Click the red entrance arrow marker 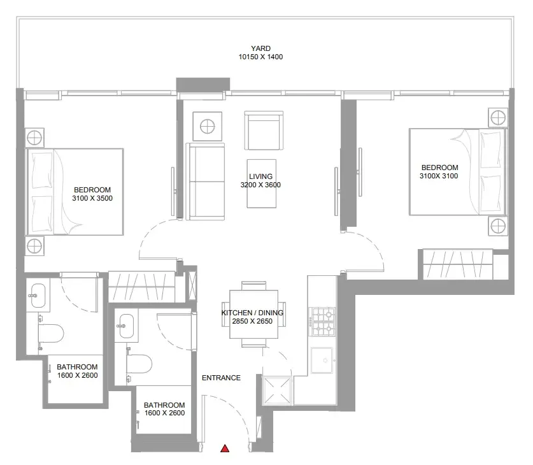(225, 448)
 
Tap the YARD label (260, 48)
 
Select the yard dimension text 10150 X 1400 (260, 57)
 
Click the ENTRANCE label (222, 378)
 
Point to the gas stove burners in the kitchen (323, 322)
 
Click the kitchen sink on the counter (322, 360)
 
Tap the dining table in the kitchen (253, 315)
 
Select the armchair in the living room (264, 131)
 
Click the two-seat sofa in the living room (207, 182)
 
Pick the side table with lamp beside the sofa (208, 127)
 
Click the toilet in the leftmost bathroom (50, 333)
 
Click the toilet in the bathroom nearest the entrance (139, 364)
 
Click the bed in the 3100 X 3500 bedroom (75, 192)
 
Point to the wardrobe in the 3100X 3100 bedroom (458, 264)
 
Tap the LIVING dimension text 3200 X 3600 (260, 185)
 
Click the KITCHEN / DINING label (252, 313)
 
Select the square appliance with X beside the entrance (277, 390)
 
